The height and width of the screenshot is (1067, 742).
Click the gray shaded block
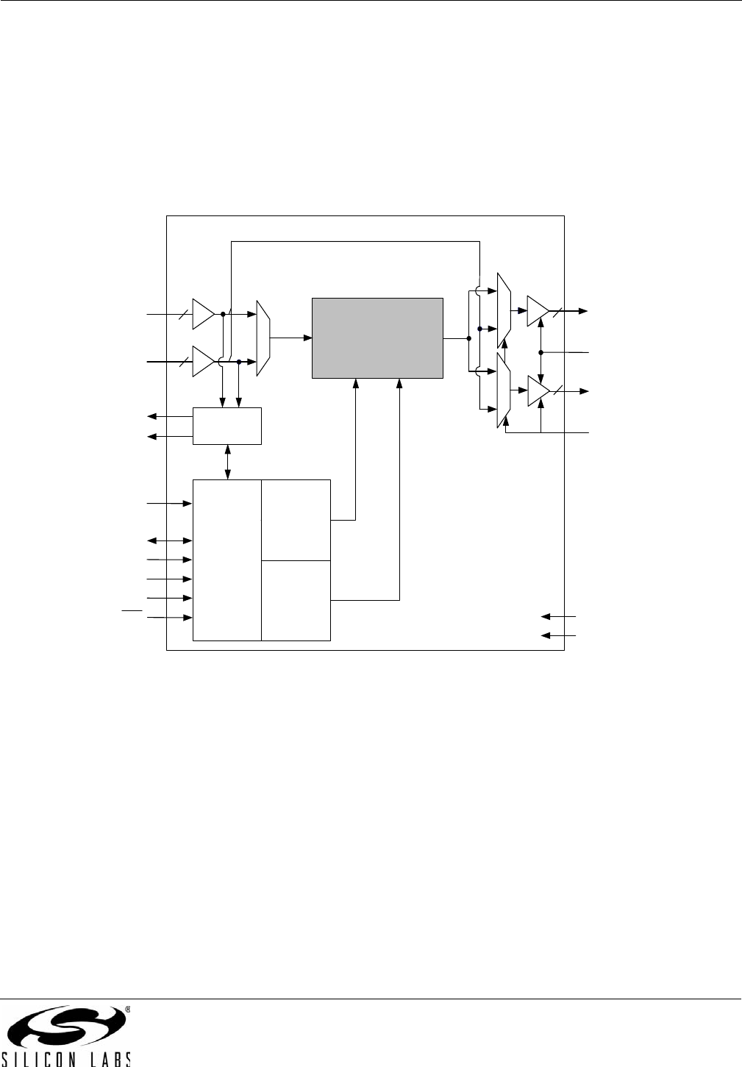click(x=377, y=338)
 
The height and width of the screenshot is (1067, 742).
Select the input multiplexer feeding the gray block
click(x=263, y=338)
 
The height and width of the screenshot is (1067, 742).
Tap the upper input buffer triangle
click(x=202, y=314)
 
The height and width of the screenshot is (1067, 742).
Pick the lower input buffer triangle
click(x=202, y=361)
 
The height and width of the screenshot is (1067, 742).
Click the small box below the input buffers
click(x=226, y=426)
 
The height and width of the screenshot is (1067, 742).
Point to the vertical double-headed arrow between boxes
click(x=227, y=462)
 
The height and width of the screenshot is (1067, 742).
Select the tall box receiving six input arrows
click(x=226, y=560)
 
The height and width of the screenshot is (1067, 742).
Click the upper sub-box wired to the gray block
click(x=296, y=519)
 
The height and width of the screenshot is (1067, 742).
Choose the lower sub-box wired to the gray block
click(x=296, y=600)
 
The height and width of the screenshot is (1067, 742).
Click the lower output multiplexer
click(x=503, y=390)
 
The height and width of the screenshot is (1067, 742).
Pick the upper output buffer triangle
click(x=537, y=311)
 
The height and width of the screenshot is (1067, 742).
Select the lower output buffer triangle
click(x=537, y=391)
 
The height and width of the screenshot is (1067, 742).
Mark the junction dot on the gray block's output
click(x=468, y=338)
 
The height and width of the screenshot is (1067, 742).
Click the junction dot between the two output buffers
click(x=541, y=353)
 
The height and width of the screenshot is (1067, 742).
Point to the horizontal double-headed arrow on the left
click(x=170, y=541)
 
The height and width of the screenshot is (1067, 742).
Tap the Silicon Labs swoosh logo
click(x=65, y=1027)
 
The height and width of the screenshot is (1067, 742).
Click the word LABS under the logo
click(x=107, y=1060)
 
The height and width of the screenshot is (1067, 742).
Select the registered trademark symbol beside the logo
click(x=127, y=1010)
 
